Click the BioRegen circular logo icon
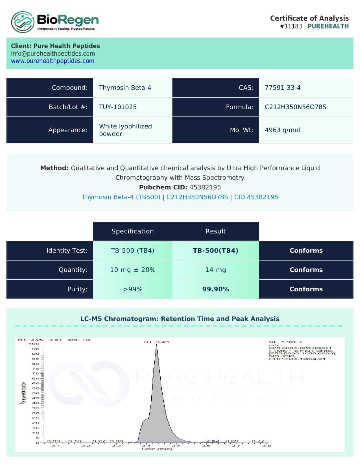(x=23, y=22)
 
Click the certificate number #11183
(x=291, y=26)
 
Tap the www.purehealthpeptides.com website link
(x=53, y=61)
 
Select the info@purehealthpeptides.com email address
(x=53, y=54)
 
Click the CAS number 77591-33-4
(x=282, y=88)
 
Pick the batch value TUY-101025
(x=118, y=107)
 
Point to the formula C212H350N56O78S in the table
(x=295, y=107)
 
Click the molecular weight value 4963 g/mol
(x=282, y=130)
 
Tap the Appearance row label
(x=68, y=130)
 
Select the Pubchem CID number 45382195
(x=205, y=187)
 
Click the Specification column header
(x=132, y=231)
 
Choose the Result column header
(x=215, y=231)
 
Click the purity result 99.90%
(x=215, y=289)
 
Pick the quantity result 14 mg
(x=215, y=270)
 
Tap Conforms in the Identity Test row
(x=306, y=251)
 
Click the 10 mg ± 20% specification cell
(x=132, y=270)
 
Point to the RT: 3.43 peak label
(x=156, y=342)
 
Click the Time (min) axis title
(x=156, y=449)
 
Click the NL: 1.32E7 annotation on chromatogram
(x=285, y=342)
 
